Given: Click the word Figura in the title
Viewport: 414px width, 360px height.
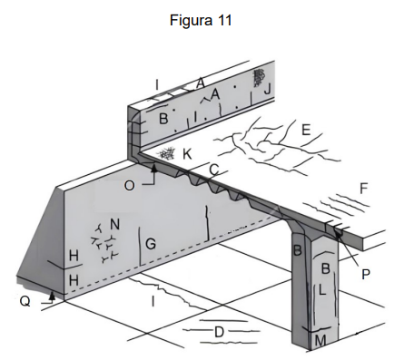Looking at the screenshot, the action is [191, 21].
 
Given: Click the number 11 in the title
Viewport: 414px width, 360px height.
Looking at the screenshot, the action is [224, 21].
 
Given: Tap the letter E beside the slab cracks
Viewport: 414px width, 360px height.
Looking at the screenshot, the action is [306, 130].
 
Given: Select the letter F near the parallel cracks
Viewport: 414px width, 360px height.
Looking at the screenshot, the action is [364, 189].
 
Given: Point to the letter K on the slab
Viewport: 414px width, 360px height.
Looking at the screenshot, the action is [187, 154].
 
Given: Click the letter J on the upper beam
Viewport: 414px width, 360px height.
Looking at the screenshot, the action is [268, 90].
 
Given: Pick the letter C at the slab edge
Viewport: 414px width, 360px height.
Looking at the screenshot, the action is [214, 170].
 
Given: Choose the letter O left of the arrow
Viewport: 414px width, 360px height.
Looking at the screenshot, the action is [129, 185].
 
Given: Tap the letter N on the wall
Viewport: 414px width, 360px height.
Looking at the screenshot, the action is [115, 225].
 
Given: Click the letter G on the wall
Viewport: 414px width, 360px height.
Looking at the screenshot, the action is [151, 244].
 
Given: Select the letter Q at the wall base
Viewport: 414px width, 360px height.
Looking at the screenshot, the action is [25, 301].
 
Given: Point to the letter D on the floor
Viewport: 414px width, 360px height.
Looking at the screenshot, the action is [219, 332].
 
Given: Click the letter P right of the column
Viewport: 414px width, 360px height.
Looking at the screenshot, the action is [366, 274].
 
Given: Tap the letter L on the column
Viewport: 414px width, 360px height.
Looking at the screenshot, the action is [322, 290].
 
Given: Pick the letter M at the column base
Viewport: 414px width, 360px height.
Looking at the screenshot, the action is [320, 341].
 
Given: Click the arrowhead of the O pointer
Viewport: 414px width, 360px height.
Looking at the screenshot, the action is [154, 168].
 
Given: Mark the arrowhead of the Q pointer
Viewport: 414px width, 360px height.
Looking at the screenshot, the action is [52, 295].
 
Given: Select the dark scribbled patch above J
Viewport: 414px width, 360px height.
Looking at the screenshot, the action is [259, 77].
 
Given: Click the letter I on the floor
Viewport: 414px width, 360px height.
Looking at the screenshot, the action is [153, 301].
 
